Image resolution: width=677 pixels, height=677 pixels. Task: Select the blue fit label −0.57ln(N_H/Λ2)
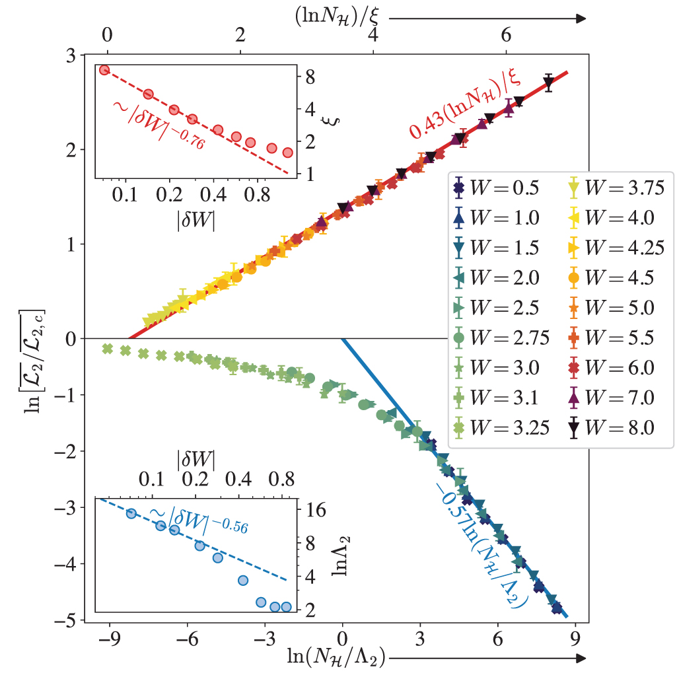pyautogui.click(x=482, y=542)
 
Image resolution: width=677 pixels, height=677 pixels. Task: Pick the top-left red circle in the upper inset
pyautogui.click(x=104, y=70)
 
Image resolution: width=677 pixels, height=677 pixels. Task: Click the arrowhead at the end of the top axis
pyautogui.click(x=581, y=19)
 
